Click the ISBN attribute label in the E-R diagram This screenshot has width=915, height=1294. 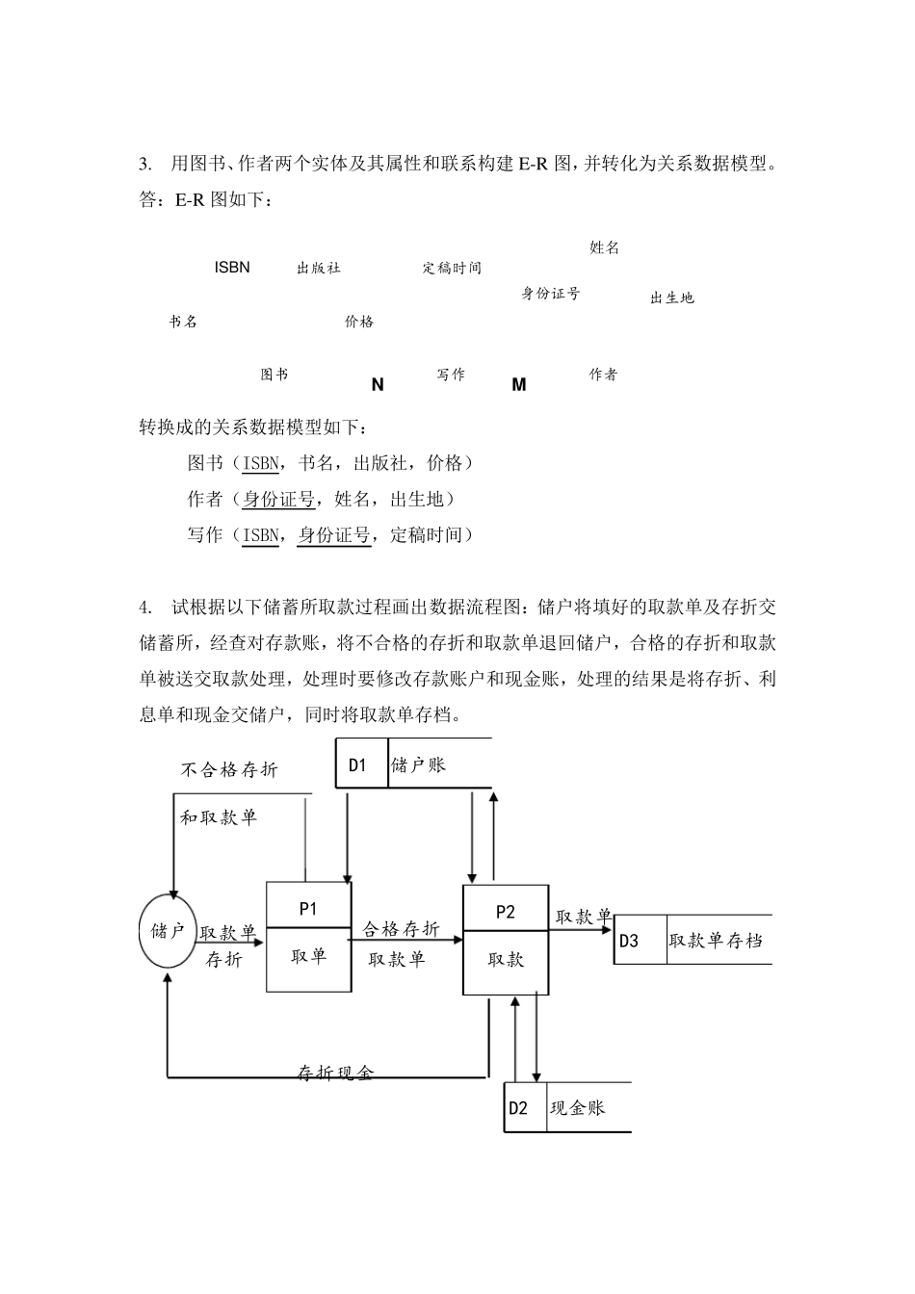point(232,268)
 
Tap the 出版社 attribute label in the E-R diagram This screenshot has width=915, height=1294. point(319,269)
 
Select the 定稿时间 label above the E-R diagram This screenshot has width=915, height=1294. point(452,269)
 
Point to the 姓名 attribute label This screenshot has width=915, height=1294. point(605,248)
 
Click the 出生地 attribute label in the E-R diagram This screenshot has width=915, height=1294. point(672,298)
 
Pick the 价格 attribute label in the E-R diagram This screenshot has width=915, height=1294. point(359,323)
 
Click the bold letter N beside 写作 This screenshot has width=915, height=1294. point(378,385)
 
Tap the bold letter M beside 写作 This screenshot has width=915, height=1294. point(519,385)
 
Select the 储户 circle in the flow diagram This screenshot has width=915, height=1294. point(169,931)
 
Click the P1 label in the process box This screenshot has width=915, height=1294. point(308,908)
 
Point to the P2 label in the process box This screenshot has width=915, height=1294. point(506,912)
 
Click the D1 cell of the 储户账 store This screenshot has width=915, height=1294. point(358,765)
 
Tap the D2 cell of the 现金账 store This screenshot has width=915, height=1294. point(518,1108)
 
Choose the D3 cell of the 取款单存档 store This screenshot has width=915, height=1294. point(629,941)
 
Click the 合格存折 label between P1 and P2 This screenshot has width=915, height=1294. point(402,929)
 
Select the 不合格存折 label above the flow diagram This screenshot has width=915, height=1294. point(229,770)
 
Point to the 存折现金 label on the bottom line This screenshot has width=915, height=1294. point(335,1074)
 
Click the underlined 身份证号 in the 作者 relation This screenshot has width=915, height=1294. point(278,499)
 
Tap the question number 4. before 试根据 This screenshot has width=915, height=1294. point(145,608)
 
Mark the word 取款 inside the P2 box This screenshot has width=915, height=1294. point(506,960)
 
